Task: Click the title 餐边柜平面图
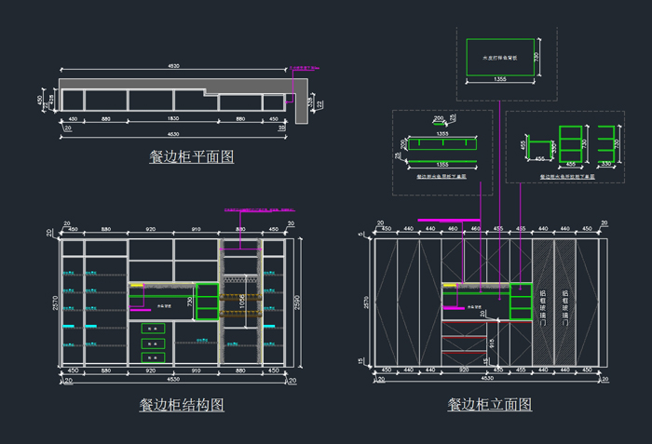191,156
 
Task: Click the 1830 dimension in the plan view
174,119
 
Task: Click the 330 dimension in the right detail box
606,164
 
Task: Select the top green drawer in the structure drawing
153,329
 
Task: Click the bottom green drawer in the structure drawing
153,358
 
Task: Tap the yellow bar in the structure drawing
137,286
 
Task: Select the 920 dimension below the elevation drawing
463,370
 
